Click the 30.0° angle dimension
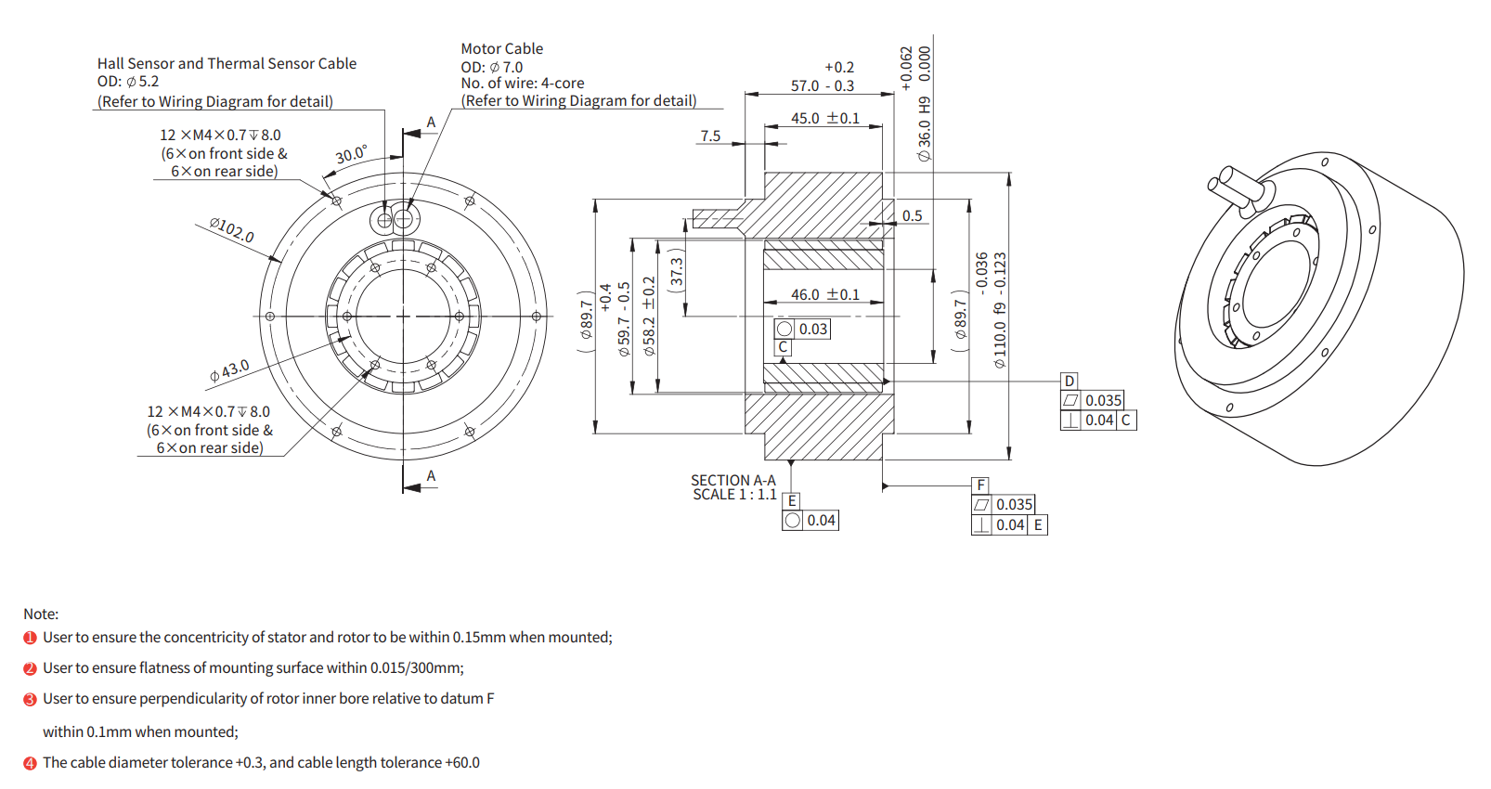point(351,154)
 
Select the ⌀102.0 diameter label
point(231,229)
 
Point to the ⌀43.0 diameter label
point(229,370)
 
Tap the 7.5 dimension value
point(710,136)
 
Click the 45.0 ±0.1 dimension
point(824,118)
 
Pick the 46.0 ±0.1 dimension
point(824,294)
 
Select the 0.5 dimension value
point(912,215)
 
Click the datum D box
point(1070,381)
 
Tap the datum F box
point(980,485)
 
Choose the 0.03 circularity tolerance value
point(812,329)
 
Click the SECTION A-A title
point(733,480)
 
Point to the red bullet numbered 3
point(30,699)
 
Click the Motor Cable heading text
point(501,48)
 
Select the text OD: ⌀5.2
point(128,82)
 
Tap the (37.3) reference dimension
point(677,271)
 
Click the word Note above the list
point(41,614)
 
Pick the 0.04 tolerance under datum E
point(821,520)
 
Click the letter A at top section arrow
point(431,123)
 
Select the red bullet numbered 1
point(30,638)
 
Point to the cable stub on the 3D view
point(1235,186)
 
